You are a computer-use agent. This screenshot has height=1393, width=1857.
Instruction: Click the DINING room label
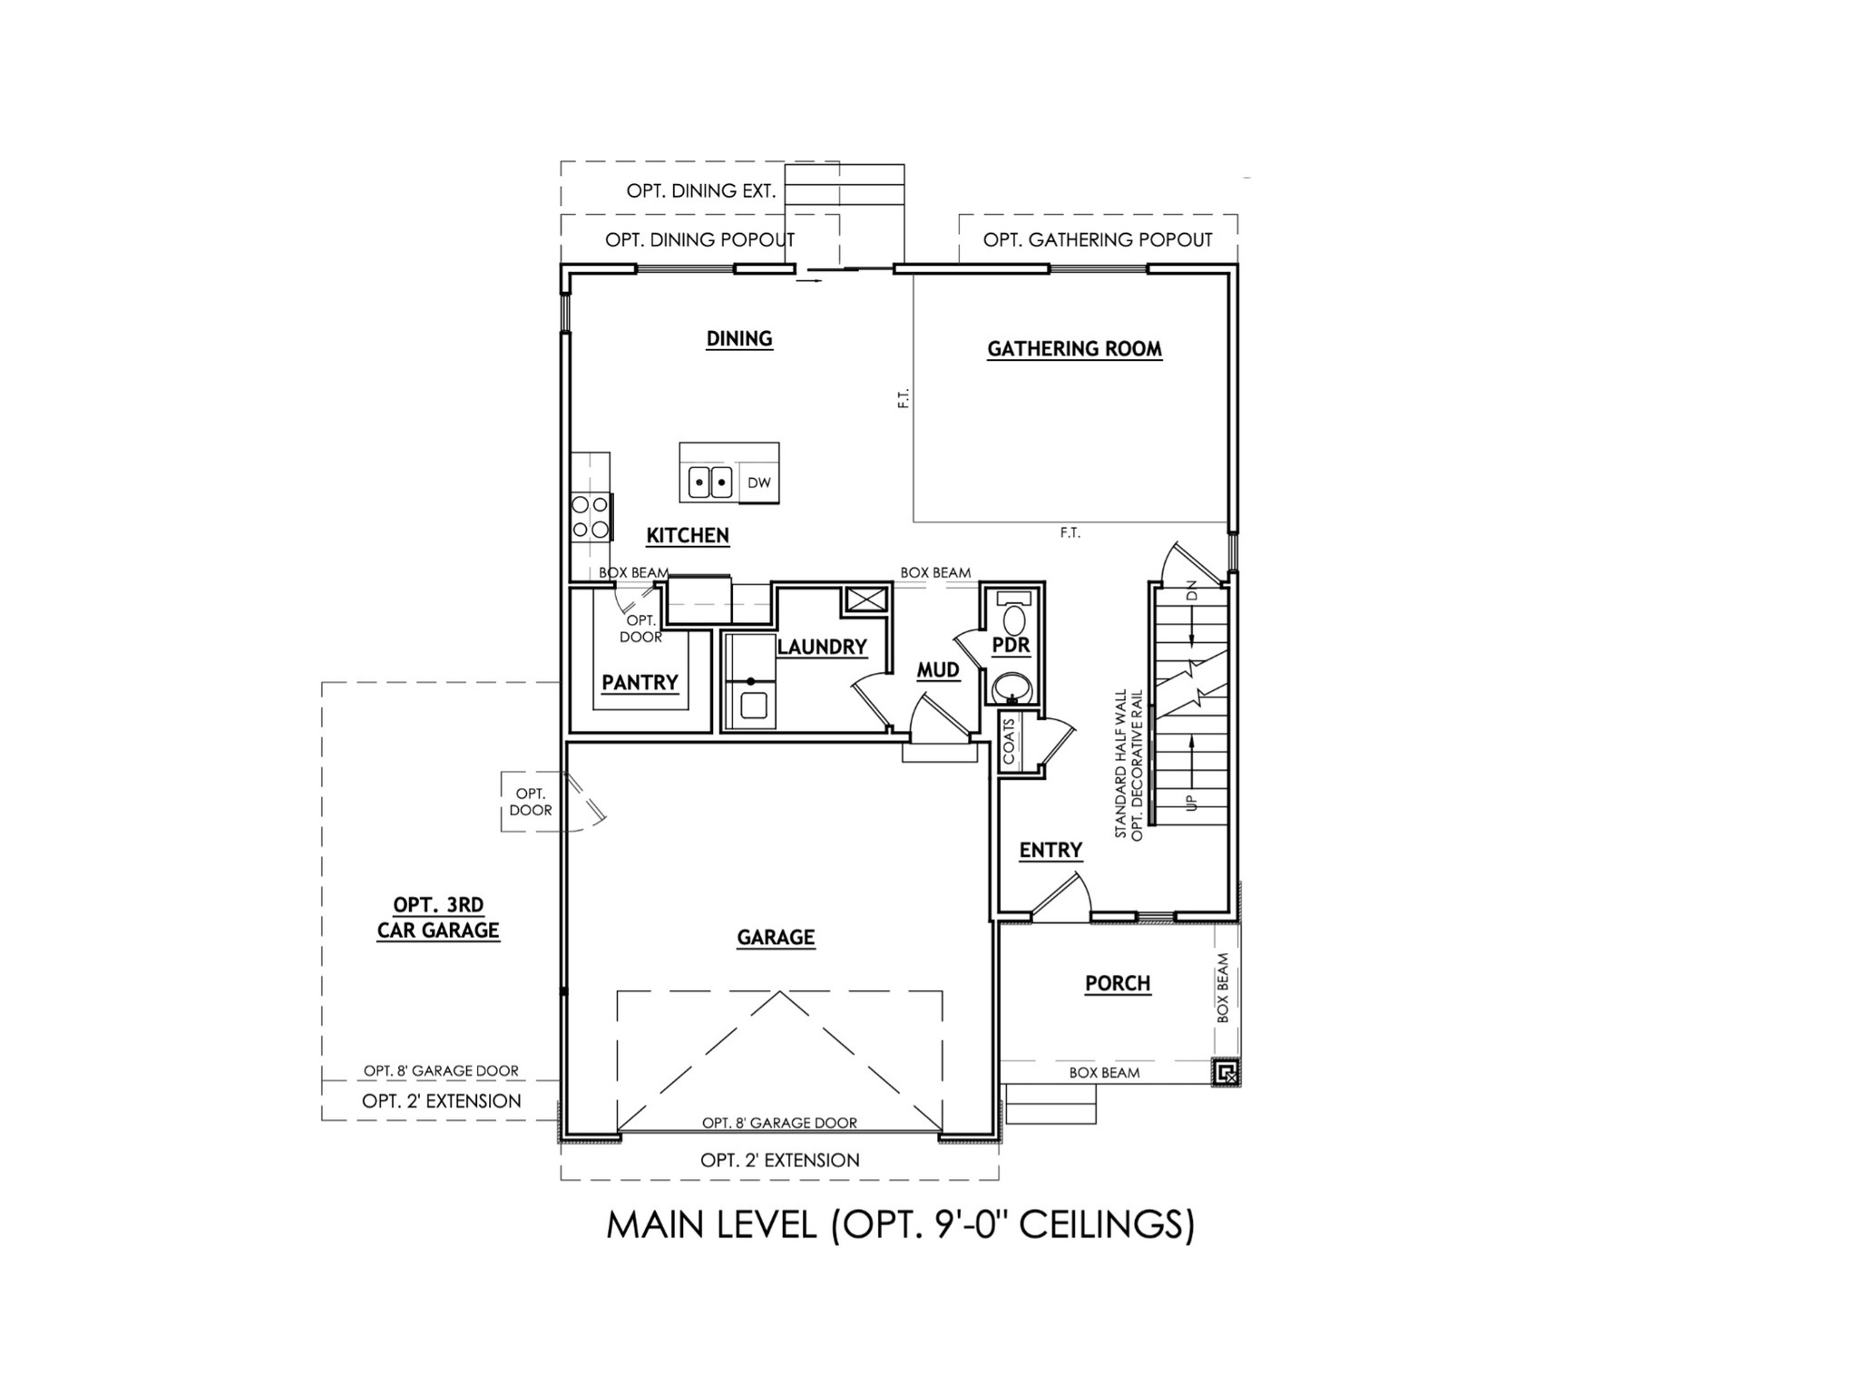[739, 338]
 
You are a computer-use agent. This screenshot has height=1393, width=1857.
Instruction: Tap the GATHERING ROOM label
[1074, 348]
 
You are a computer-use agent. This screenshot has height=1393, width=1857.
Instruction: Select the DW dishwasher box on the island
[759, 482]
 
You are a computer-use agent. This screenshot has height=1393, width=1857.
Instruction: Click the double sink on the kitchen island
[709, 482]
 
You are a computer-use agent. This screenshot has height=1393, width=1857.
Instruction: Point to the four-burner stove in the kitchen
[590, 517]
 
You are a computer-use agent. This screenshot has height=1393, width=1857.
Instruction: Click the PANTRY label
[640, 682]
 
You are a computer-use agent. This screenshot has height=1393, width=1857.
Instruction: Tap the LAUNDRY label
[822, 647]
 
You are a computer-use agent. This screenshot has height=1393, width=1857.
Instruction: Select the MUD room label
[938, 669]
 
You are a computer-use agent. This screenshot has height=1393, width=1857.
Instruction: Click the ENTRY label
[1051, 850]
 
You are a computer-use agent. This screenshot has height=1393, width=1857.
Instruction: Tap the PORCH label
[1118, 983]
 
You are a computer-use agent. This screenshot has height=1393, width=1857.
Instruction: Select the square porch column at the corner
[1226, 1074]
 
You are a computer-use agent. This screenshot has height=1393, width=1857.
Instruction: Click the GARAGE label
[776, 937]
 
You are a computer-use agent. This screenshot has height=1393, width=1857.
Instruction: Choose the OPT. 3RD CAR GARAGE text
[438, 917]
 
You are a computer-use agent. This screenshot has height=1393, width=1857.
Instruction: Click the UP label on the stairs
[1191, 802]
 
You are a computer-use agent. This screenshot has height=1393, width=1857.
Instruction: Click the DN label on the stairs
[1192, 590]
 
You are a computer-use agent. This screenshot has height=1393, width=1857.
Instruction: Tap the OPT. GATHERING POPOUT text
[1098, 239]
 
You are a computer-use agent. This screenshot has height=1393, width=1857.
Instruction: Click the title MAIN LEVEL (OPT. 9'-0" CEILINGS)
[900, 1225]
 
